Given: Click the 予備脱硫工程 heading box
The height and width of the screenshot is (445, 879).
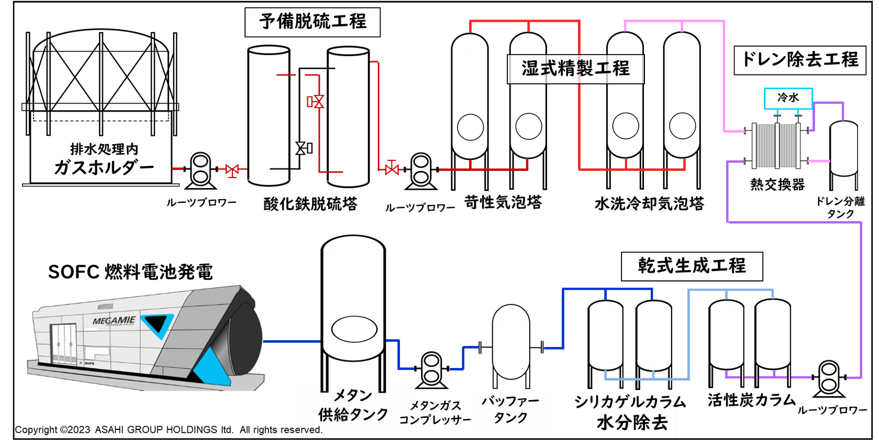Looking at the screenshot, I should point(313,22).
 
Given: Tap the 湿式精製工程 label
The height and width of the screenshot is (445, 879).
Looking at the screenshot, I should point(575,69).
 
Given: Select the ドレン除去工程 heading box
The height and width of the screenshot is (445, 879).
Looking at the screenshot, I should point(800,60).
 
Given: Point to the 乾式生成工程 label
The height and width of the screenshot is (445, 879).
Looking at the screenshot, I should point(692,266).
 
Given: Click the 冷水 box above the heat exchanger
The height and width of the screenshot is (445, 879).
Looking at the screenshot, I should point(788,98).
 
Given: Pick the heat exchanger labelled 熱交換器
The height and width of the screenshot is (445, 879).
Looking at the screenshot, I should point(776,145).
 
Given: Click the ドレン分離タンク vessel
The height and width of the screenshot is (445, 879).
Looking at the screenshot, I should point(843,149).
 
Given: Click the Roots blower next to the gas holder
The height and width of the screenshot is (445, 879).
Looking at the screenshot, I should point(200,169).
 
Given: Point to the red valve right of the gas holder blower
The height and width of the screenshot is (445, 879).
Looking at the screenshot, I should point(232,169).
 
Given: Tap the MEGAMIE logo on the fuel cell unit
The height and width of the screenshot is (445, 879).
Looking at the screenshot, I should point(114,320).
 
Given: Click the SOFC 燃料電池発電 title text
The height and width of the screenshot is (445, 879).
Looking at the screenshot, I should point(130,272).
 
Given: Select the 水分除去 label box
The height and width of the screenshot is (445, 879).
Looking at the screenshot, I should point(632,423).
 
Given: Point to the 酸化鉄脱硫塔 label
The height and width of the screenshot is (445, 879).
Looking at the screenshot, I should point(310,204).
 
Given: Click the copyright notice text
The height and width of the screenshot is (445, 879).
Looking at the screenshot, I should point(168,430).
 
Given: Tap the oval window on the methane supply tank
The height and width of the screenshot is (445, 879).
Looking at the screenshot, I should point(354,330).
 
